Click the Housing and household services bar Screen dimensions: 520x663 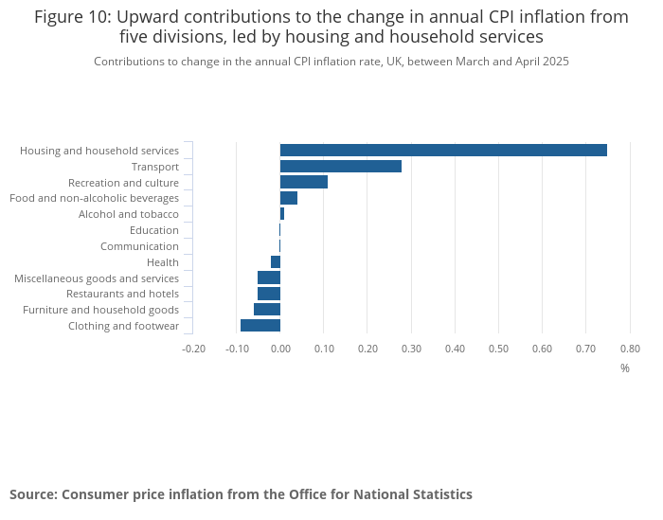tap(443, 150)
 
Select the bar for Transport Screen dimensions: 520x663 tap(341, 166)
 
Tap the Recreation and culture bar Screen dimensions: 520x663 tap(304, 182)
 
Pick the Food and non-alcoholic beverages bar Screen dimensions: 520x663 tap(289, 198)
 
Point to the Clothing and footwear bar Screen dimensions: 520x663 tap(260, 326)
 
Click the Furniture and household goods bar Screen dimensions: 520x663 tap(267, 310)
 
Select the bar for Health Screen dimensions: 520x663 tap(276, 261)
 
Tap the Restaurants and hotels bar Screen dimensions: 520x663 tap(269, 294)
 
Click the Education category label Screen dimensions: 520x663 tap(153, 230)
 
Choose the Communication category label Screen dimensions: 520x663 tap(139, 246)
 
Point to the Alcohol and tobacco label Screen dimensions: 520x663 tap(128, 214)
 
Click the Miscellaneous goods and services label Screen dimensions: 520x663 tap(97, 278)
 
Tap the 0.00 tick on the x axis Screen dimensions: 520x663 tap(280, 349)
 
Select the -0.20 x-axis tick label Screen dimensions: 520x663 tap(193, 349)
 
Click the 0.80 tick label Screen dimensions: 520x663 tap(630, 349)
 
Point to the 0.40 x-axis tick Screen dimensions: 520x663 tap(455, 349)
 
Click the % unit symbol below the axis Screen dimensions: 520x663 tap(625, 368)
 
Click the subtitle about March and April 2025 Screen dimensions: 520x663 tap(331, 62)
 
